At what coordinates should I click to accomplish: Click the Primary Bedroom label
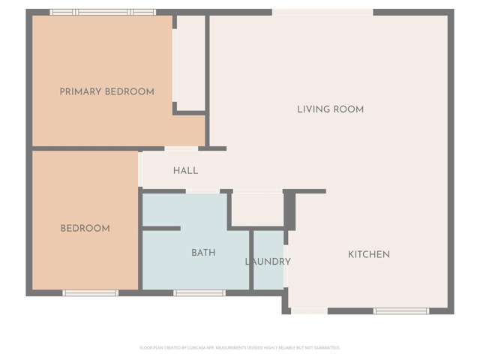[x=106, y=91]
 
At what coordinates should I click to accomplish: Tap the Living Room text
[x=330, y=109]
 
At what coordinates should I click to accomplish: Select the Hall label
[x=185, y=171]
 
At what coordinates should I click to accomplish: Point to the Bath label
[x=203, y=253]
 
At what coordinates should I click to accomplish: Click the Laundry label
[x=268, y=262]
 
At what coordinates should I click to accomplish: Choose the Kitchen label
[x=368, y=255]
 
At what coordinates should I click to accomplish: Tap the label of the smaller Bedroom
[x=85, y=229]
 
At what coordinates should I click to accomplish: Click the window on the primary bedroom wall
[x=103, y=12]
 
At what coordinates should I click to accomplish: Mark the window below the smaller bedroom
[x=90, y=293]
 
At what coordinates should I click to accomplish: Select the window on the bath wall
[x=199, y=293]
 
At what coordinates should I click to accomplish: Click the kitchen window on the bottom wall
[x=400, y=310]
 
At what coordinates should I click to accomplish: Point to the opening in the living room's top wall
[x=322, y=12]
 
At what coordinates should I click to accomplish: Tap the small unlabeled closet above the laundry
[x=257, y=208]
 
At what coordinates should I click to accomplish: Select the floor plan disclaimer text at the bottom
[x=240, y=347]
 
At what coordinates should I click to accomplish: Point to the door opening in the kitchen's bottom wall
[x=308, y=310]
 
